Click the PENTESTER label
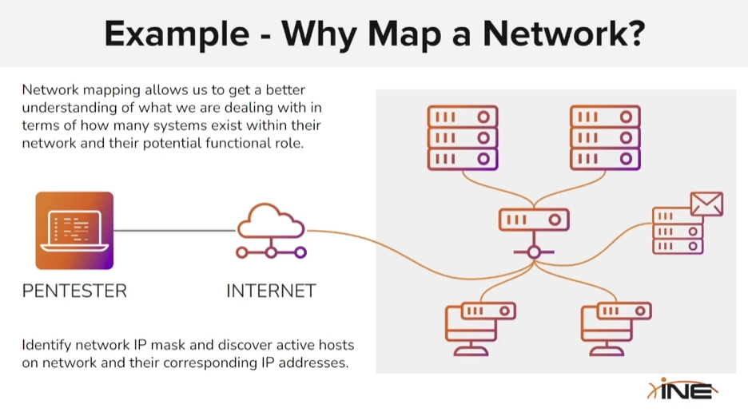click(74, 291)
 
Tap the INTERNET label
click(271, 291)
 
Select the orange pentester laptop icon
click(74, 230)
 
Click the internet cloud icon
click(271, 224)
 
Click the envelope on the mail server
click(706, 204)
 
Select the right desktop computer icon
click(616, 327)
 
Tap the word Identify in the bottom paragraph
click(47, 345)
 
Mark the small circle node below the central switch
click(533, 252)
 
